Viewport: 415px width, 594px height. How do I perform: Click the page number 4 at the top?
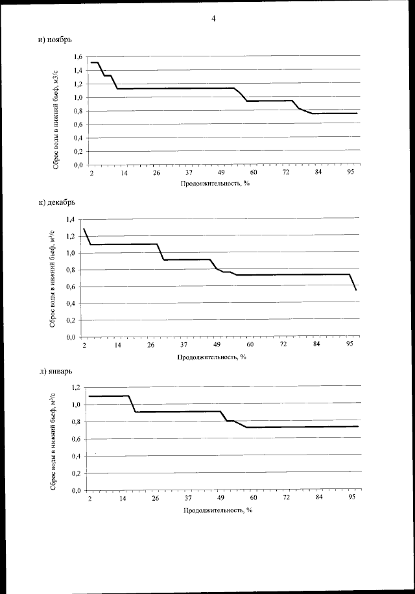(x=213, y=18)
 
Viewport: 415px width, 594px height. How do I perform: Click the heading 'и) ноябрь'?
(x=54, y=41)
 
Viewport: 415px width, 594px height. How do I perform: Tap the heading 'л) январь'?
(x=55, y=371)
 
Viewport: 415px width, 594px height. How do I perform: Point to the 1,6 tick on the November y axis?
(x=77, y=56)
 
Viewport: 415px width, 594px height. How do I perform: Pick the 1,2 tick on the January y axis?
(x=76, y=387)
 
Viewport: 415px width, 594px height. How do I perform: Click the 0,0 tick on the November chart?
(x=77, y=165)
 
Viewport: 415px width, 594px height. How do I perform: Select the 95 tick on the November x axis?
(x=351, y=174)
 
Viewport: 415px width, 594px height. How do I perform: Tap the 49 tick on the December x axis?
(x=218, y=344)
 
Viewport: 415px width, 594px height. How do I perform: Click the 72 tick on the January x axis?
(x=286, y=498)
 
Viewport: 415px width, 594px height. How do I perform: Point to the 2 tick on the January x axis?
(x=89, y=498)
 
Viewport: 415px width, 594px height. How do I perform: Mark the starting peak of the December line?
(x=85, y=229)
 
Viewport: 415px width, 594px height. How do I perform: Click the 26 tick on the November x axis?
(x=156, y=174)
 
